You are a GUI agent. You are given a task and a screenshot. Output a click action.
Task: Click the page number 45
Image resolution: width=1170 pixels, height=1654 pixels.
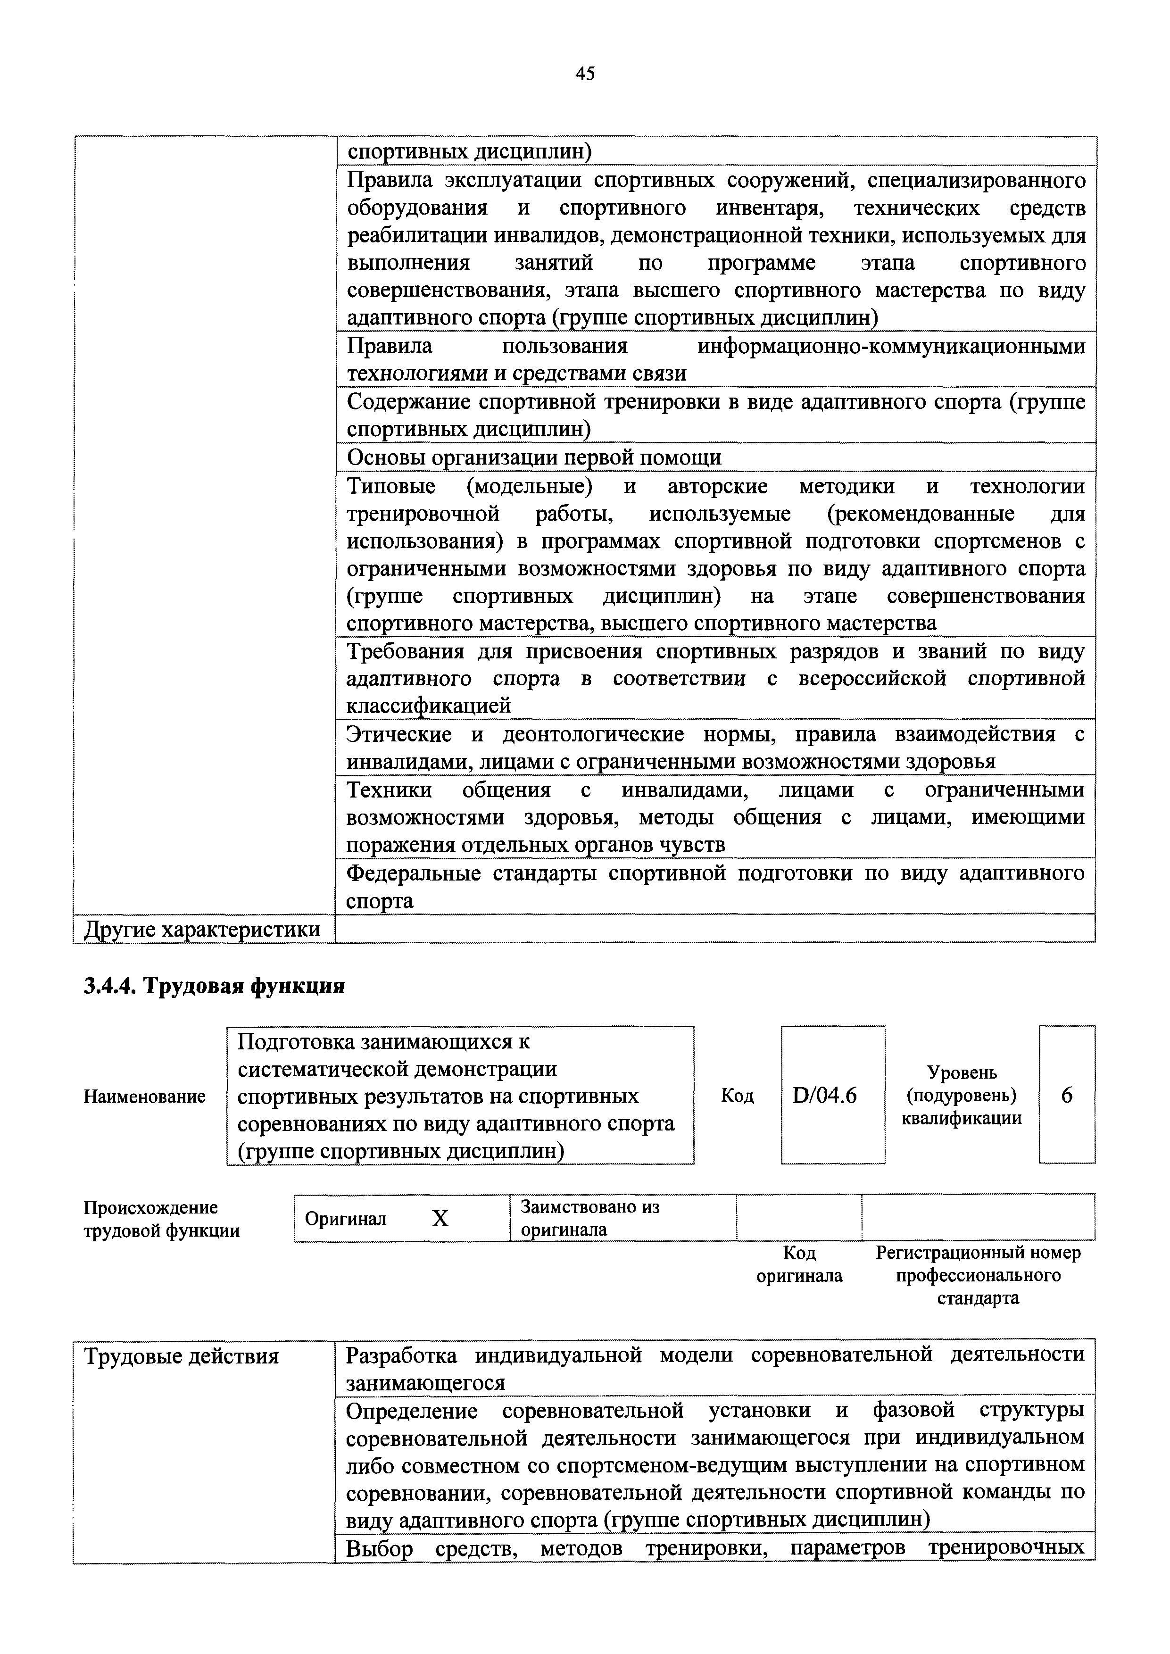[585, 74]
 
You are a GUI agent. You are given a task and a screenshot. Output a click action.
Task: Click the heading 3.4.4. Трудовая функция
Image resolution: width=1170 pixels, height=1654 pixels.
[214, 986]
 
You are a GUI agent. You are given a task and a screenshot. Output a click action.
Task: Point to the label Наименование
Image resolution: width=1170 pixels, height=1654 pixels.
[144, 1097]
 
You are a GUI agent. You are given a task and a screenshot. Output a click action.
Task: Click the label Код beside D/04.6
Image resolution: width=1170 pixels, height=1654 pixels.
[737, 1096]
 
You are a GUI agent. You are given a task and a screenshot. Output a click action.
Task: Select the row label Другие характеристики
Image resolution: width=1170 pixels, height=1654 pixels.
[202, 929]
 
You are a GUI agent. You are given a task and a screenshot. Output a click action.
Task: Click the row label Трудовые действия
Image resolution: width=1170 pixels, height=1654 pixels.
[182, 1356]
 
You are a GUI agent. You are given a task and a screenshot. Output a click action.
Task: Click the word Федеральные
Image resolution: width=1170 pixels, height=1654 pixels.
[414, 873]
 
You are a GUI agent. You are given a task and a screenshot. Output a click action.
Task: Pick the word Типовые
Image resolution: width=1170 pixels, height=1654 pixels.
[391, 486]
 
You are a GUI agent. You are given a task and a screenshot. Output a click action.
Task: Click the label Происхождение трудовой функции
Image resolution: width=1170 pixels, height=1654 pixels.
[161, 1219]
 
